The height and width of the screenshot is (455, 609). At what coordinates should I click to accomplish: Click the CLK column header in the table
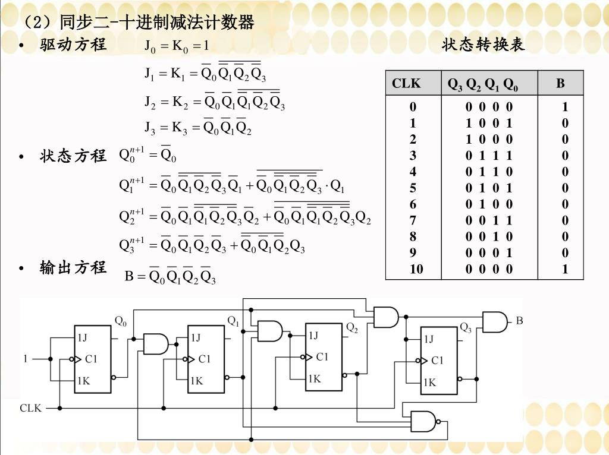[406, 84]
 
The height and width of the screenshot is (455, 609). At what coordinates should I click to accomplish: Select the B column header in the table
[560, 84]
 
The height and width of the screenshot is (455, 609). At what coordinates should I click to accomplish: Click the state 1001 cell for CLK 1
[489, 124]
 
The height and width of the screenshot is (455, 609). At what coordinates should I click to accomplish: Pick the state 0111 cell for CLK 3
[489, 156]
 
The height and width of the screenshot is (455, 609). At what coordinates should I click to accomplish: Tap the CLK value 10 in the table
[416, 269]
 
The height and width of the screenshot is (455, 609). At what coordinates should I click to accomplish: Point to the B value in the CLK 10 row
[564, 269]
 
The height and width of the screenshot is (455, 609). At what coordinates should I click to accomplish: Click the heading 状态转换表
[484, 45]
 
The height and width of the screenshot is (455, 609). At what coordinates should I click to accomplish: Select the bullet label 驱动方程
[73, 45]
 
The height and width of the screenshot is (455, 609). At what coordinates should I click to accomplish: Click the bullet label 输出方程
[73, 268]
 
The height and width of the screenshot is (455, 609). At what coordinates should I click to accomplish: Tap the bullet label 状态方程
[73, 156]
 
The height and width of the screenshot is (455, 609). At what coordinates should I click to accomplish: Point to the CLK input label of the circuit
[31, 408]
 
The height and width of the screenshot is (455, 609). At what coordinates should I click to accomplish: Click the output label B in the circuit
[519, 321]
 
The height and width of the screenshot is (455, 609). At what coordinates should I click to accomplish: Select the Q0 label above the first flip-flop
[121, 321]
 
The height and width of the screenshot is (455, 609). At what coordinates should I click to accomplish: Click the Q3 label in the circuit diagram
[466, 327]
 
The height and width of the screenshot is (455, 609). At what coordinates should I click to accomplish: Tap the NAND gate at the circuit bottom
[423, 421]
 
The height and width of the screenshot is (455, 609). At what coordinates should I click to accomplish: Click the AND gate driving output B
[494, 322]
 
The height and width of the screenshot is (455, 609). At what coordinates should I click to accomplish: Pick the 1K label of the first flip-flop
[83, 381]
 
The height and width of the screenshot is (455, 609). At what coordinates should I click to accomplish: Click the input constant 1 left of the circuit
[26, 359]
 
